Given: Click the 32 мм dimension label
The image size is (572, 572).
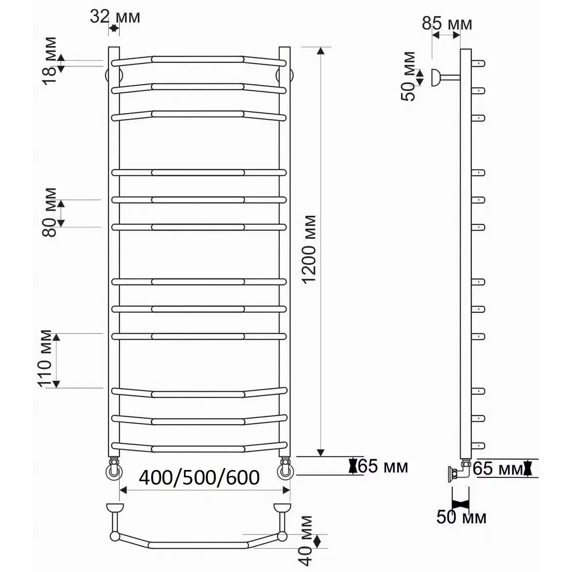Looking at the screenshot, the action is tap(115, 17).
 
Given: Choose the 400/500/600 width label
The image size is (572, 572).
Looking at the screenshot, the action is tap(199, 477).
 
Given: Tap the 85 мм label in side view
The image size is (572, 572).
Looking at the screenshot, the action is tap(447, 24).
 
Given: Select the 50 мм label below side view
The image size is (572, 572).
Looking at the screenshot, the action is tap(462, 517).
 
